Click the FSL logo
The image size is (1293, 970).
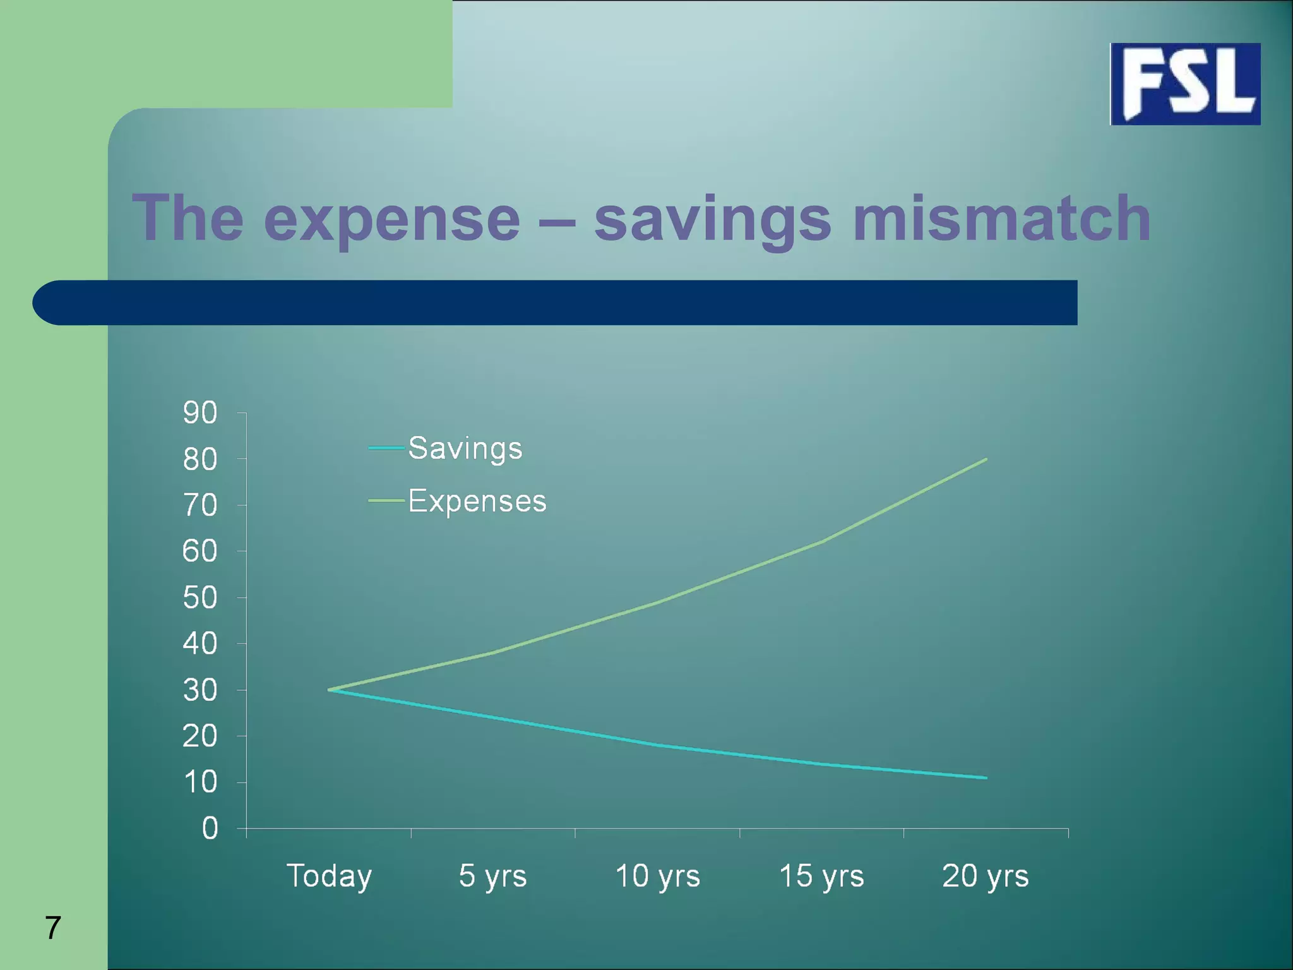1185,84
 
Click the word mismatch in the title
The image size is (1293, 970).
1002,219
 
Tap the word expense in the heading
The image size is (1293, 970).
391,219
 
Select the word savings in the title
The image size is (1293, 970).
712,219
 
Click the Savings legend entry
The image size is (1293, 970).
465,449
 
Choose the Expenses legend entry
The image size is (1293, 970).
477,501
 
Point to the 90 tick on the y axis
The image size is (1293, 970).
200,413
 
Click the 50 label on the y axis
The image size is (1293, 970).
200,598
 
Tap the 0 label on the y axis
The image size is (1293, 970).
210,829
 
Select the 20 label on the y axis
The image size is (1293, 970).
200,736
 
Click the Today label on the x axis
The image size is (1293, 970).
329,877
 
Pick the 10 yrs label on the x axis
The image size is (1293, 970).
657,877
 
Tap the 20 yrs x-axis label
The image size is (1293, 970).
985,877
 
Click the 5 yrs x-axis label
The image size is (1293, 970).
492,877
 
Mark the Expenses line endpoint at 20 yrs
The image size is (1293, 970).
986,460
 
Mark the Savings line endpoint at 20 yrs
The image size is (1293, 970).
986,777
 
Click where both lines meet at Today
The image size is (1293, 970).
330,690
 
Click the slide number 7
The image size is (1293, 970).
53,928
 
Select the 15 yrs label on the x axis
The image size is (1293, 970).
821,877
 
